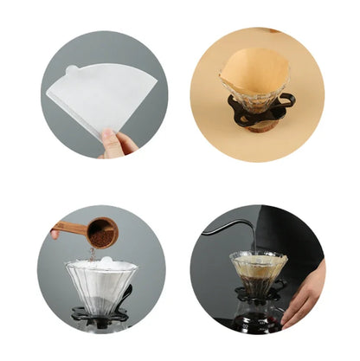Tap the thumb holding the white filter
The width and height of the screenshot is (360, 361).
[111, 139]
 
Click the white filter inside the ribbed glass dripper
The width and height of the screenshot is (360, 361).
[102, 264]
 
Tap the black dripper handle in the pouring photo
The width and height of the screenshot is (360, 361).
[281, 287]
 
